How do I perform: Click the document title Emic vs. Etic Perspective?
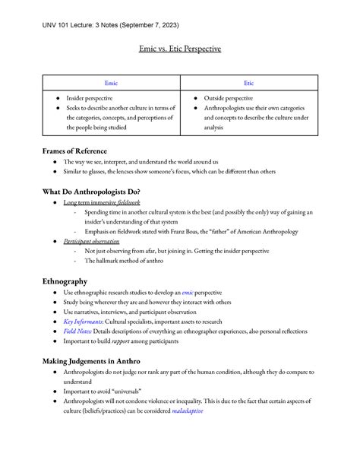click(180, 49)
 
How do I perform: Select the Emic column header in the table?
click(111, 82)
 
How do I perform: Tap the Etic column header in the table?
click(248, 82)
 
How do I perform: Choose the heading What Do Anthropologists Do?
click(95, 191)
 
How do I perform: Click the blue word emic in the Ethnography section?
click(188, 292)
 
